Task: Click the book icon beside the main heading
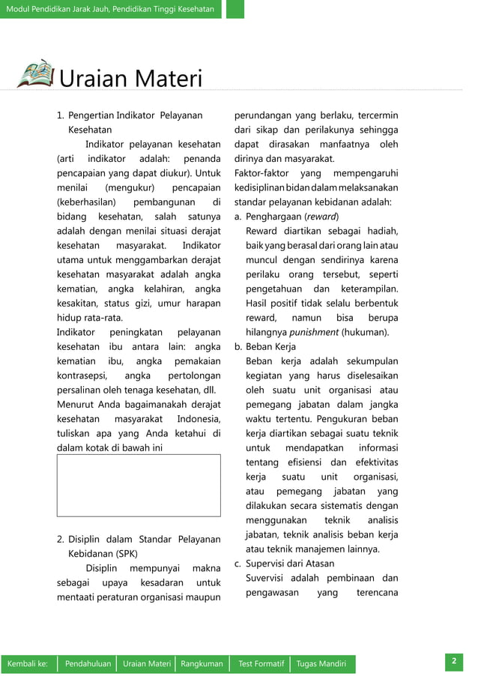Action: [x=35, y=74]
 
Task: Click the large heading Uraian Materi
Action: [x=131, y=78]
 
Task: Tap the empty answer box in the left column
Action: [x=139, y=486]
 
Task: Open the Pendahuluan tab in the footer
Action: [x=88, y=664]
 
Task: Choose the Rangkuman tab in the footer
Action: [x=202, y=664]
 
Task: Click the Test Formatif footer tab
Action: [x=261, y=664]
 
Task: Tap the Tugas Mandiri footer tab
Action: [x=321, y=664]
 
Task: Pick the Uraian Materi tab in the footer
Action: [x=147, y=664]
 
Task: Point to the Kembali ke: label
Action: [x=28, y=664]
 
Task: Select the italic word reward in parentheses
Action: [x=321, y=217]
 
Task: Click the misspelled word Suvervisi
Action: [x=268, y=578]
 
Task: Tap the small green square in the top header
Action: [x=235, y=9]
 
